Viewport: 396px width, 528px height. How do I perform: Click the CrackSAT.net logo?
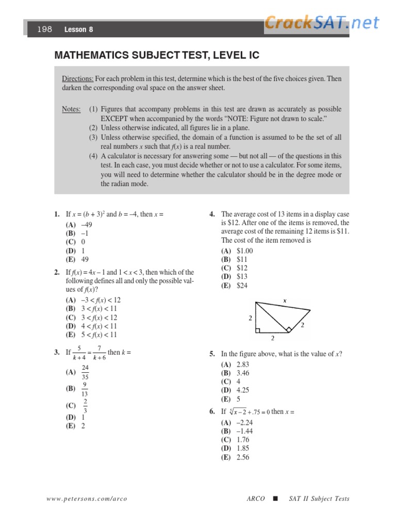[322, 22]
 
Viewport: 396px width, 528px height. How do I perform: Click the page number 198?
[45, 30]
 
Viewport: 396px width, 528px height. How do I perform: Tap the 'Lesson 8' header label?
[78, 30]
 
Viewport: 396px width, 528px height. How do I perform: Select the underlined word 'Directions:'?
[78, 79]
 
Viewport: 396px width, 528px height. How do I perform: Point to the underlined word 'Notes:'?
[71, 109]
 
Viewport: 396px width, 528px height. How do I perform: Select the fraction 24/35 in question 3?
[85, 372]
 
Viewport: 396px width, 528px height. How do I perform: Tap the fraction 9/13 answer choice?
[85, 389]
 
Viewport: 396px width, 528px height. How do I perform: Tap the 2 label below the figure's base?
[273, 339]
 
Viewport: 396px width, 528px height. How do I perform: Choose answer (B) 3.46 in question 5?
[236, 373]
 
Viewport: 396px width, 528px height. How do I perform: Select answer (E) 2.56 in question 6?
[236, 457]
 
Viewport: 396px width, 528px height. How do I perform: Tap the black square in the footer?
[275, 499]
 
